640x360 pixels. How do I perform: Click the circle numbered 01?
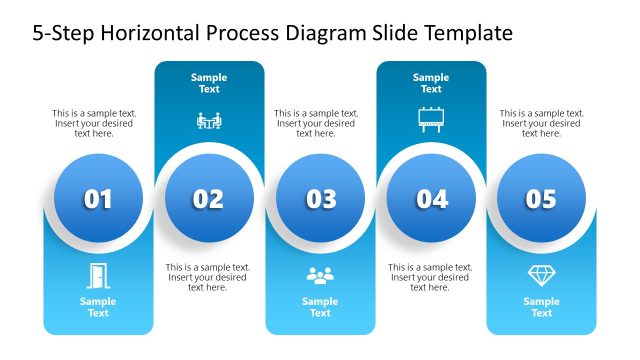click(98, 199)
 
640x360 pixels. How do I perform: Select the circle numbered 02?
click(209, 199)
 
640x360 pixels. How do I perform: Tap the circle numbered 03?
click(320, 199)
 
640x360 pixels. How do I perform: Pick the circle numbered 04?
click(431, 199)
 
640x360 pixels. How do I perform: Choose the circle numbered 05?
click(541, 199)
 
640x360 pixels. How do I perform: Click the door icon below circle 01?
click(98, 274)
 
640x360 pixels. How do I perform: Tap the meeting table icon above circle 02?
click(209, 121)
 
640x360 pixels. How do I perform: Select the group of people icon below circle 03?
click(320, 274)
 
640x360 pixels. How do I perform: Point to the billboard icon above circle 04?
click(431, 120)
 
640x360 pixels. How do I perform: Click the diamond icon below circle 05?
click(541, 274)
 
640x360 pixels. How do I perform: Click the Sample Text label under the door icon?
click(98, 307)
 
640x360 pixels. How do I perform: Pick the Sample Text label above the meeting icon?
click(209, 83)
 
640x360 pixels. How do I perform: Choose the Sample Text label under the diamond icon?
click(541, 307)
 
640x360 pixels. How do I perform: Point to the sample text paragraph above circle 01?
click(95, 123)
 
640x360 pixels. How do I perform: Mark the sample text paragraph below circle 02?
click(208, 277)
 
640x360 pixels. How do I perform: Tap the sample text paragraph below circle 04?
click(430, 277)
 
